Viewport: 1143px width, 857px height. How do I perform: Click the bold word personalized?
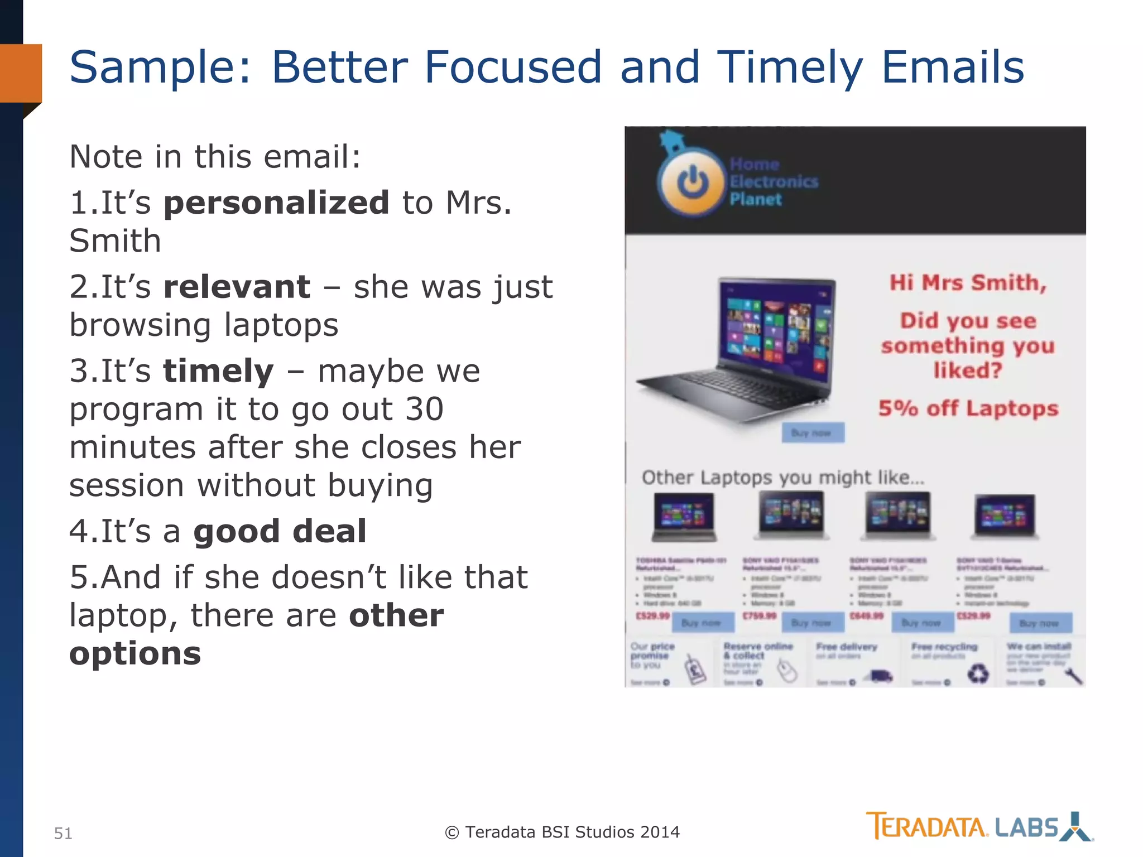click(x=276, y=203)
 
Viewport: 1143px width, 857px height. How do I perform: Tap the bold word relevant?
click(x=237, y=287)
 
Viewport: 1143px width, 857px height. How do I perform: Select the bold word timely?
click(x=218, y=371)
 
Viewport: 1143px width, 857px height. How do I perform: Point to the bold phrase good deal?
click(x=280, y=531)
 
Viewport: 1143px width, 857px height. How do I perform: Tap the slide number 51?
click(x=63, y=833)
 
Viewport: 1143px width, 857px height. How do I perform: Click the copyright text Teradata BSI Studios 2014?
click(x=563, y=832)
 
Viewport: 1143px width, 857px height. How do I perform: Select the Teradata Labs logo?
click(x=979, y=826)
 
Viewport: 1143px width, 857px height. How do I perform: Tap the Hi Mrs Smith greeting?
click(x=968, y=283)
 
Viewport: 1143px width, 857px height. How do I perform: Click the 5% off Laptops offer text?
click(x=968, y=408)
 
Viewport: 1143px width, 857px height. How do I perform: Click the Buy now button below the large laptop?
click(x=813, y=433)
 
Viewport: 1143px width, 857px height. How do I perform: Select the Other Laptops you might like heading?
click(x=782, y=478)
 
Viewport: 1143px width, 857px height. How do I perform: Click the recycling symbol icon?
click(x=978, y=673)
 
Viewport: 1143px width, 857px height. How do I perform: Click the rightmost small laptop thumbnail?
click(x=1005, y=516)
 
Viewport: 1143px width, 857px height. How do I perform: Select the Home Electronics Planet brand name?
click(x=773, y=182)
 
